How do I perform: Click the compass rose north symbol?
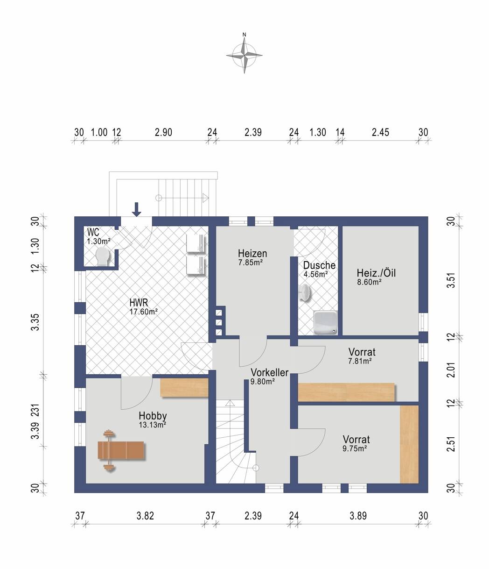[x=244, y=55]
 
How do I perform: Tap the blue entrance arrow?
[x=136, y=209]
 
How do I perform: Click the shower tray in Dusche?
[x=325, y=322]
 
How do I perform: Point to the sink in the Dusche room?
[x=305, y=292]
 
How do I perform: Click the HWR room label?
[x=139, y=303]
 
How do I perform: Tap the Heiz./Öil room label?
[x=376, y=273]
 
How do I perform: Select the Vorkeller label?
[x=269, y=372]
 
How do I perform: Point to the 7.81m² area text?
[x=360, y=361]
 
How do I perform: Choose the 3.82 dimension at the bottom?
[x=145, y=516]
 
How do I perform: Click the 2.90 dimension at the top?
[x=163, y=132]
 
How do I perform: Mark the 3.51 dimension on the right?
[x=451, y=280]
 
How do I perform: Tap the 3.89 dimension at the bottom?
[x=358, y=516]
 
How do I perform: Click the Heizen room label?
[x=252, y=253]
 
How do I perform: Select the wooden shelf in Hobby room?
[x=184, y=388]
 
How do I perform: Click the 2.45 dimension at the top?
[x=380, y=132]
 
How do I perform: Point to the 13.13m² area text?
[x=153, y=425]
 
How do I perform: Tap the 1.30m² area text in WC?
[x=99, y=242]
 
